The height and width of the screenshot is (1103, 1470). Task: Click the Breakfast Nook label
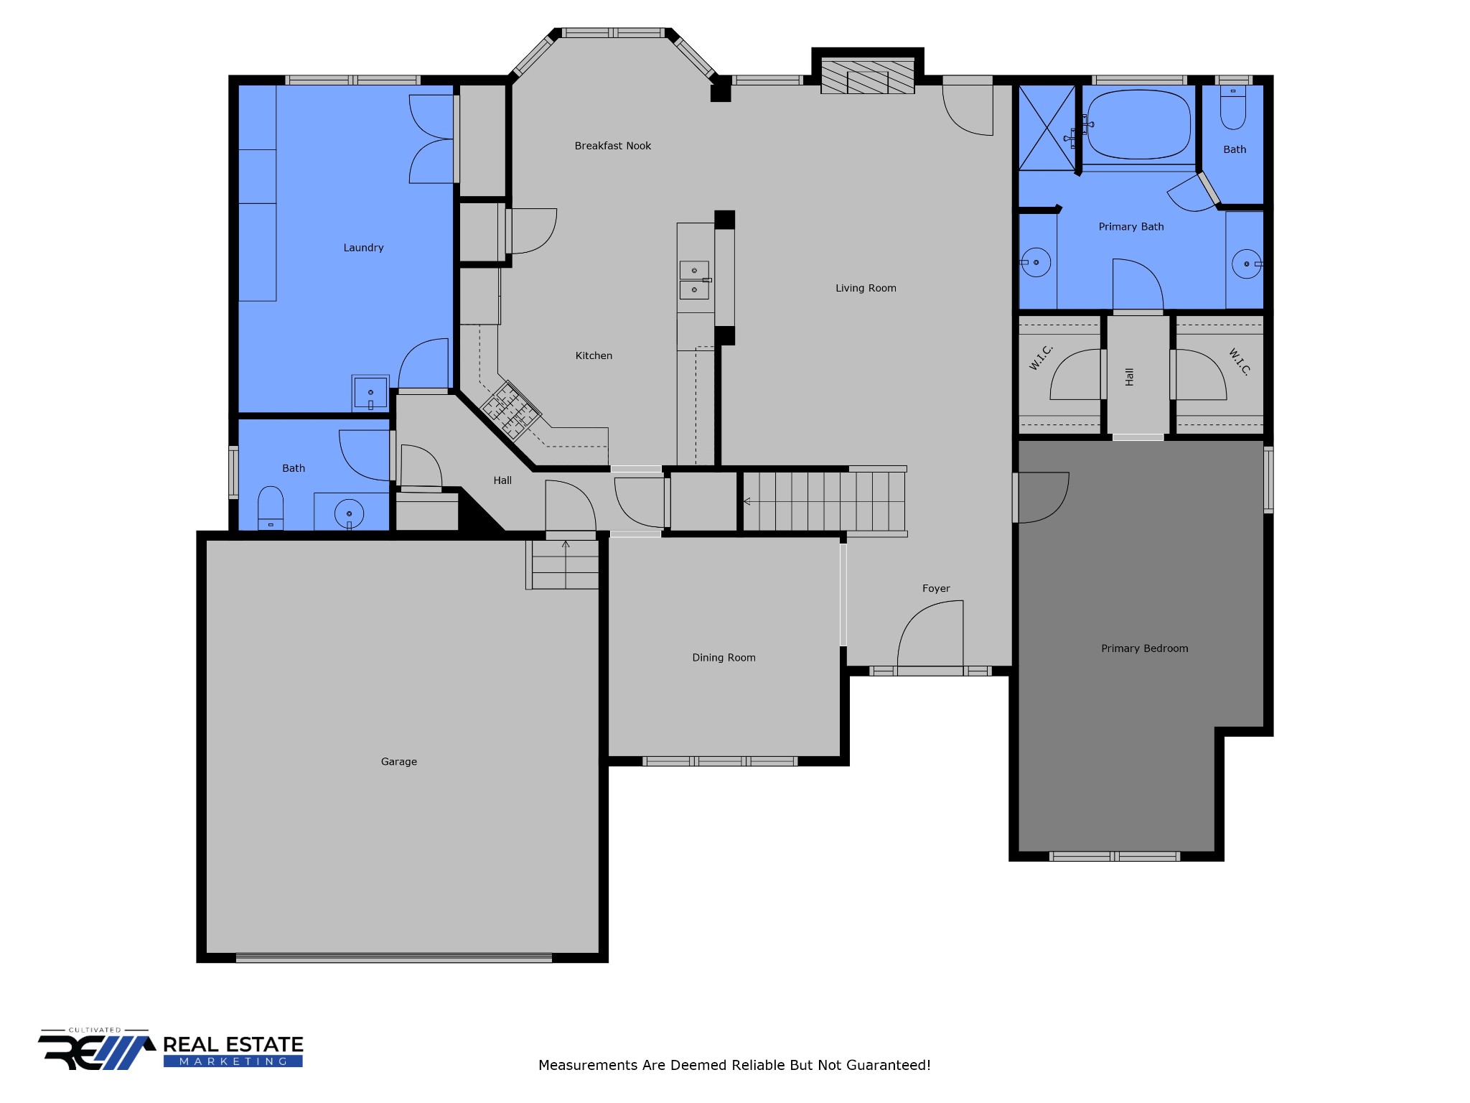tap(612, 146)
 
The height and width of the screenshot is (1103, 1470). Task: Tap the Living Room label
tap(866, 288)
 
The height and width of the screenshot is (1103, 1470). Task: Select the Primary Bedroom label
tap(1144, 648)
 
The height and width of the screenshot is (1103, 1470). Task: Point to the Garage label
tap(398, 762)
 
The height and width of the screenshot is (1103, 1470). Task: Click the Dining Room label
tap(724, 658)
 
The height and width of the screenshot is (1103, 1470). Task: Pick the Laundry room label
tap(363, 248)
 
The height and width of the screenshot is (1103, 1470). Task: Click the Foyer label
tap(936, 588)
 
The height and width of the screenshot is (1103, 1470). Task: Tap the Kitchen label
tap(594, 355)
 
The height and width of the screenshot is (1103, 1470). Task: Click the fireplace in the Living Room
tap(867, 75)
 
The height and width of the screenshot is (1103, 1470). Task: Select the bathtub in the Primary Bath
tap(1138, 124)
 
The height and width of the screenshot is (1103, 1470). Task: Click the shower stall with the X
tap(1047, 128)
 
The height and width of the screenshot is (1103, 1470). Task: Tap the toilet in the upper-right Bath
tap(1233, 108)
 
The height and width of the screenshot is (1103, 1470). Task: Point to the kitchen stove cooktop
tap(510, 410)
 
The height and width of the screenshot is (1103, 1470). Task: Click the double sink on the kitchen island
tap(694, 280)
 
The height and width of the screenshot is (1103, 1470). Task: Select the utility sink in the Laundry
tap(370, 394)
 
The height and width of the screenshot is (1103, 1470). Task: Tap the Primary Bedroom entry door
tap(1043, 497)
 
